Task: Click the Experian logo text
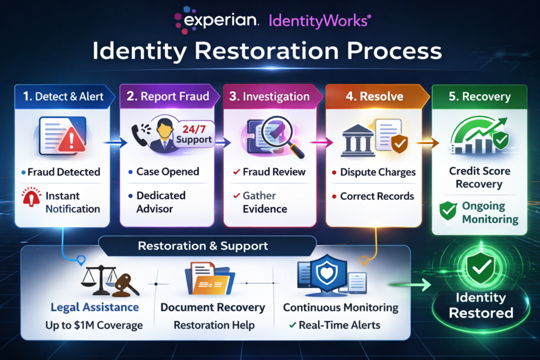click(221, 21)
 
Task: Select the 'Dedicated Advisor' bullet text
click(161, 202)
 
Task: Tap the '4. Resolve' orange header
click(378, 96)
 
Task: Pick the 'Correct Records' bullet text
click(377, 196)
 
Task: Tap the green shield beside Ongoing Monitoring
click(447, 212)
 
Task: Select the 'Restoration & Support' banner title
click(202, 246)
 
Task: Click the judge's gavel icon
click(125, 283)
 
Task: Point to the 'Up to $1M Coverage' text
click(94, 325)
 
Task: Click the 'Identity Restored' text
click(480, 305)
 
